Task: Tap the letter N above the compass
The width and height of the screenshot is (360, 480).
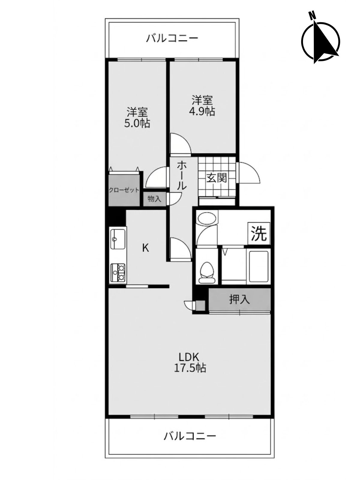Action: point(312,15)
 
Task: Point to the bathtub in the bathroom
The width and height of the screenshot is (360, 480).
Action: point(258,267)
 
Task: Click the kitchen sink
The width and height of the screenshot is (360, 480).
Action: point(118,238)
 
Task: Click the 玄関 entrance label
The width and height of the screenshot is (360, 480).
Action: point(217,178)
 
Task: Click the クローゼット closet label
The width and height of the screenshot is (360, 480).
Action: point(124,190)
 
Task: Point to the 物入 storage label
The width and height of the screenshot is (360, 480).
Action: point(154,199)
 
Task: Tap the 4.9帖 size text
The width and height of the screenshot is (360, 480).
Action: point(202,112)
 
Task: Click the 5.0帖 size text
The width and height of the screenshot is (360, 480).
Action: point(137,124)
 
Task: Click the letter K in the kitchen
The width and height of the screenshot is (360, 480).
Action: point(145,248)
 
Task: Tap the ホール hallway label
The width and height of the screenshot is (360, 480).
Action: point(181,175)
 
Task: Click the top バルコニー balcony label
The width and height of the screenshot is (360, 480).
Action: point(172,38)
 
